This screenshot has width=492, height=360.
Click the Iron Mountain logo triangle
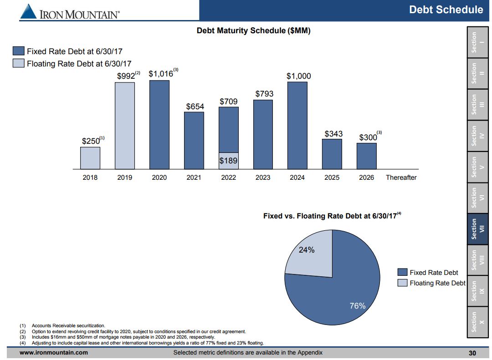tap(28, 12)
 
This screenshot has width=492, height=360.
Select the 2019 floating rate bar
tap(124, 126)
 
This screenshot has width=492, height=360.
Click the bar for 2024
tap(297, 126)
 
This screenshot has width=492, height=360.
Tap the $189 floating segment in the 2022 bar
tap(228, 161)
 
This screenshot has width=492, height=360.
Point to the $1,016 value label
tap(161, 74)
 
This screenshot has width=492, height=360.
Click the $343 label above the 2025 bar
tap(333, 134)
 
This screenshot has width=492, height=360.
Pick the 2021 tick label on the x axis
tap(194, 177)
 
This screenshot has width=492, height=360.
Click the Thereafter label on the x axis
tap(401, 177)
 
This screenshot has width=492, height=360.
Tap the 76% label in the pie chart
tap(358, 306)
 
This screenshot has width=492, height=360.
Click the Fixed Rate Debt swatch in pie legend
tap(402, 272)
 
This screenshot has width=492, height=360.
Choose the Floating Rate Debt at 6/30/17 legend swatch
tap(19, 63)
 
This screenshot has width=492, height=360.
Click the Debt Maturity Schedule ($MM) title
tap(253, 31)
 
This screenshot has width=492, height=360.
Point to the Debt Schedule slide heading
tap(446, 10)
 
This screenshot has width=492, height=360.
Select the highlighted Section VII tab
tap(477, 229)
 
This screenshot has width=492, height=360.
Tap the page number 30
tap(472, 353)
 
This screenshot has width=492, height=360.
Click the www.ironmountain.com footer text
tap(54, 353)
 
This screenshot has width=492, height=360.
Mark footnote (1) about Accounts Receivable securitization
tap(68, 325)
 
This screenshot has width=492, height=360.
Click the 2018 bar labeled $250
tap(90, 157)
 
